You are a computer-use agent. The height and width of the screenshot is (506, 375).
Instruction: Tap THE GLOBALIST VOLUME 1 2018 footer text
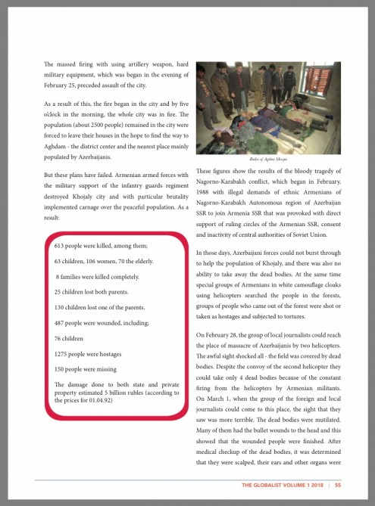click(284, 485)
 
